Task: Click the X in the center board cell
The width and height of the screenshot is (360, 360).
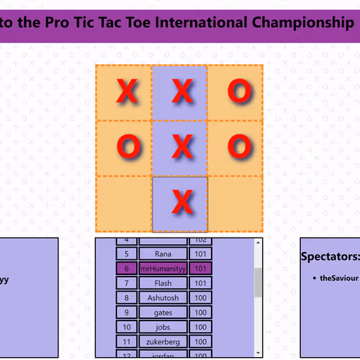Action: (x=184, y=147)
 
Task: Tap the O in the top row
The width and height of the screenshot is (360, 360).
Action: (x=239, y=91)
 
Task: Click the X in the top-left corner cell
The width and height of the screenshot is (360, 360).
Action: (x=127, y=91)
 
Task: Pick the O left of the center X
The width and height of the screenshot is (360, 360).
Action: (x=127, y=147)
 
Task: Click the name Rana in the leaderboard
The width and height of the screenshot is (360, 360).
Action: (x=163, y=253)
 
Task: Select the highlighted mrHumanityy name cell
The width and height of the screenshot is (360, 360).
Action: (x=163, y=269)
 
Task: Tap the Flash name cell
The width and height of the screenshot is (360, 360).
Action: (x=163, y=283)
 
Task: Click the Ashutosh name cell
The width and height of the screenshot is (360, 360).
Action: (x=163, y=297)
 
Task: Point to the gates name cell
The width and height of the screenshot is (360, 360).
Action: (x=163, y=312)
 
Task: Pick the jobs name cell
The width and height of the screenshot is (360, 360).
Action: (x=163, y=327)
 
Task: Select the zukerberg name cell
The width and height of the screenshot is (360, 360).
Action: (x=163, y=341)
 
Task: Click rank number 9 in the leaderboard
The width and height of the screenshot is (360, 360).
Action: (x=126, y=312)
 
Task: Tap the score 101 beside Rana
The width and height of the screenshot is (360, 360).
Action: (x=200, y=253)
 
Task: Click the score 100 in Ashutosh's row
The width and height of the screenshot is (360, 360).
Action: (x=200, y=297)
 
